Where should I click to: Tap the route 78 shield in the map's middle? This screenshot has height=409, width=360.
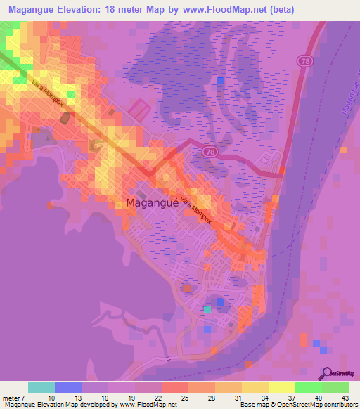[210, 151]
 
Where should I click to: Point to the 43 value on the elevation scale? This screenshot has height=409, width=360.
[345, 397]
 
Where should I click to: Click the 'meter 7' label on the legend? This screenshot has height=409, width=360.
[14, 397]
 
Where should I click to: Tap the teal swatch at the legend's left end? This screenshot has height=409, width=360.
[41, 387]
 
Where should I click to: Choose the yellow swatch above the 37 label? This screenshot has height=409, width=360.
[282, 387]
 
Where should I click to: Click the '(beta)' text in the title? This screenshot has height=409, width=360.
[278, 9]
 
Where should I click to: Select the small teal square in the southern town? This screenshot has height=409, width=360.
[207, 309]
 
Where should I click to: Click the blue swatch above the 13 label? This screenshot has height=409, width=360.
[68, 387]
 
